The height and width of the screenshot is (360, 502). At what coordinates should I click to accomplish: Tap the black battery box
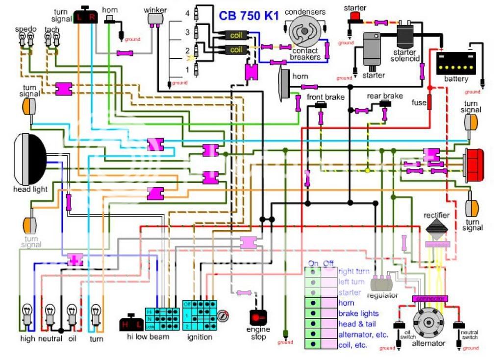click(455, 64)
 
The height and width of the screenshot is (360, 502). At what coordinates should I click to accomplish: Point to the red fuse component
click(430, 102)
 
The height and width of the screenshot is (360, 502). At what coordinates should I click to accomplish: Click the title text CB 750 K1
click(249, 15)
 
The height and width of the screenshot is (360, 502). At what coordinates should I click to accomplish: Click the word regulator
click(383, 296)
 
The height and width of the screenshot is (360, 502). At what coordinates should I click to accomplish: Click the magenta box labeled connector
click(430, 298)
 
